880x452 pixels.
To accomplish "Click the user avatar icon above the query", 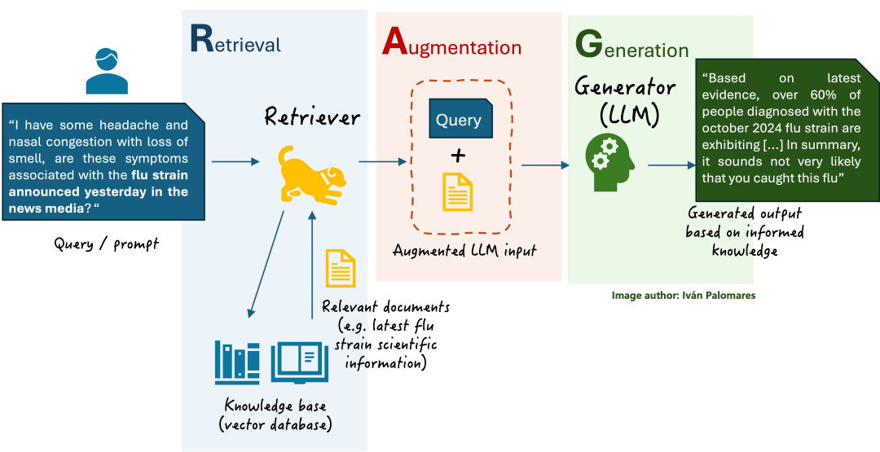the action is (107, 71).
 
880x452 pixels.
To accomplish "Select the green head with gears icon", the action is (609, 163).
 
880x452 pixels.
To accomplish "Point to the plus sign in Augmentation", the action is (459, 153).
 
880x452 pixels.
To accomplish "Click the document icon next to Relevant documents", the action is (341, 269).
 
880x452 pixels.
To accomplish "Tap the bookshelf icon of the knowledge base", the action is (237, 363).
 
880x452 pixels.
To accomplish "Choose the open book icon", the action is (300, 362).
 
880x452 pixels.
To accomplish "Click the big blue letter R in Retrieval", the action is (202, 38).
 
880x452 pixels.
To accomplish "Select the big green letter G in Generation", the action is (589, 45).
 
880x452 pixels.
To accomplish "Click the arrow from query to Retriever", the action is (235, 162).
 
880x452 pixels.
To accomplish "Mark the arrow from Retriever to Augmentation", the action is (382, 162).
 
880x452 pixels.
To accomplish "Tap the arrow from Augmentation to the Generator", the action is (545, 165).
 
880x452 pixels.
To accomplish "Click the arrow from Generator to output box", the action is (672, 165).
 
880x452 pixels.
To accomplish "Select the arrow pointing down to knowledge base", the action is (266, 264).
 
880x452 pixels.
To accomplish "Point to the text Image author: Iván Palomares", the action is (684, 295).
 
